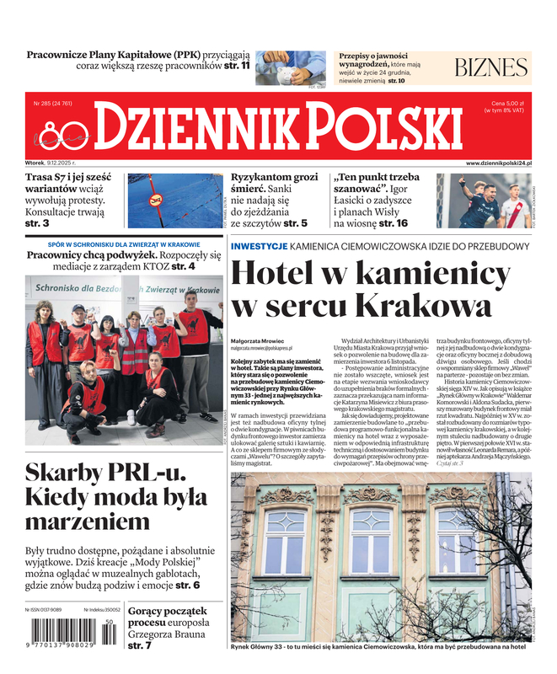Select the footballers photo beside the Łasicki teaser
point(484,201)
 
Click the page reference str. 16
point(393,223)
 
